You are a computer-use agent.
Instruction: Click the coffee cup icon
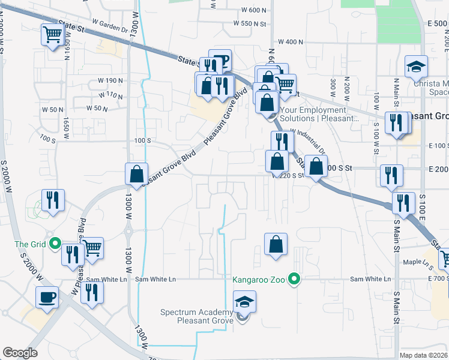pyautogui.click(x=47, y=297)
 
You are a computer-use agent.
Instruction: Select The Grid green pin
pyautogui.click(x=55, y=244)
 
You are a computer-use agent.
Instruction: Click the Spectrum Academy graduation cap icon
pyautogui.click(x=244, y=301)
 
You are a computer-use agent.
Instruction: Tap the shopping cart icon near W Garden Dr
pyautogui.click(x=53, y=34)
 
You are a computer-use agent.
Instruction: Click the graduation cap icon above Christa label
pyautogui.click(x=415, y=67)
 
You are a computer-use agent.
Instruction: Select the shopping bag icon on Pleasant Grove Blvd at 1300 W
pyautogui.click(x=136, y=174)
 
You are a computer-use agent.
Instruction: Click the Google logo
pyautogui.click(x=20, y=353)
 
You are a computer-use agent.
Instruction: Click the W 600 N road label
pyautogui.click(x=255, y=10)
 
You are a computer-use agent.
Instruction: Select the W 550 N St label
pyautogui.click(x=250, y=23)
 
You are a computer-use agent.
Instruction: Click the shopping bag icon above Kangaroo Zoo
pyautogui.click(x=276, y=244)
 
